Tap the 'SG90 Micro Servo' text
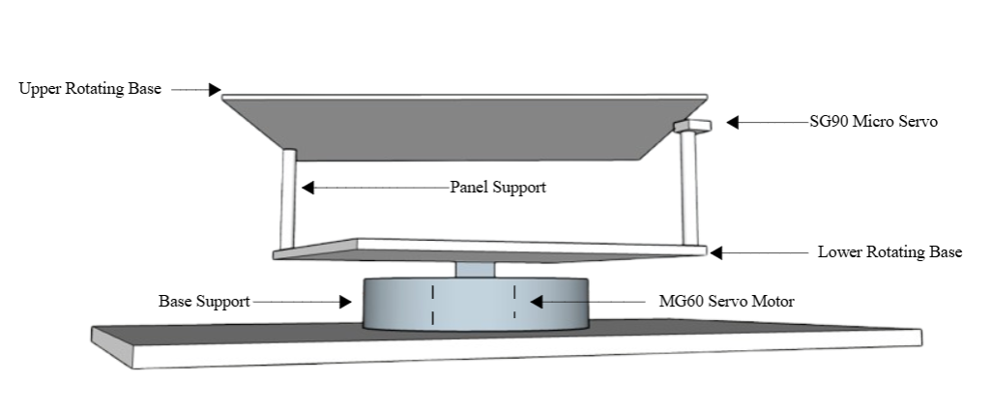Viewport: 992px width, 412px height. tap(873, 123)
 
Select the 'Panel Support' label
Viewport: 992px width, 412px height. tap(498, 187)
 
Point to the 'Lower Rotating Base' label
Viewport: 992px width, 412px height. tap(890, 252)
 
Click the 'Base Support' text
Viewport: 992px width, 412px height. tap(204, 302)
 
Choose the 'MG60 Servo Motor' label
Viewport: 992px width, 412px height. tap(726, 302)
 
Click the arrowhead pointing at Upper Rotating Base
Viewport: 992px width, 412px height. tap(216, 89)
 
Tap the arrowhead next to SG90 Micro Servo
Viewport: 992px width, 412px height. tap(733, 123)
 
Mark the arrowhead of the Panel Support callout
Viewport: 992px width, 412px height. tap(305, 187)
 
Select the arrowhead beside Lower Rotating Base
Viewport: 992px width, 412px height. tap(716, 252)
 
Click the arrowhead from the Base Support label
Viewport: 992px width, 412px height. tap(344, 302)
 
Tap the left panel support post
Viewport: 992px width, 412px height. tap(287, 198)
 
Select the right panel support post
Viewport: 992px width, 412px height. tap(688, 189)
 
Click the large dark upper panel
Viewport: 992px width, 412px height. tap(454, 126)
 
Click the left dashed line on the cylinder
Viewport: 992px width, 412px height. tap(433, 304)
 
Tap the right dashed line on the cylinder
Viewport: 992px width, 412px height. tap(514, 304)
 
